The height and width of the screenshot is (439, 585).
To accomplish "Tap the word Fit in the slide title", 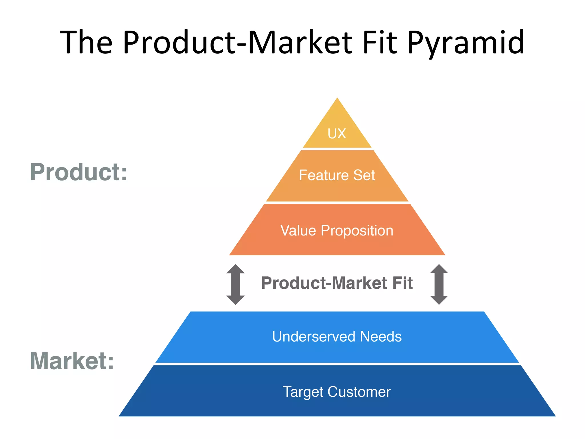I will [x=380, y=43].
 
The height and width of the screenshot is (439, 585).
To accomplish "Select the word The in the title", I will [x=86, y=43].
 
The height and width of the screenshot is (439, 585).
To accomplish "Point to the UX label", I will [x=337, y=133].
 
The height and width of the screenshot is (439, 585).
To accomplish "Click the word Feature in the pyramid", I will [x=323, y=175].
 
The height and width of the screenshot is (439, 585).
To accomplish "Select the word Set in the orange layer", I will [x=364, y=175].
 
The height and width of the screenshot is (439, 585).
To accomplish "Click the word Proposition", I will [x=357, y=230].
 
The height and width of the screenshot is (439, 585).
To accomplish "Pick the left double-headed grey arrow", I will [x=235, y=284].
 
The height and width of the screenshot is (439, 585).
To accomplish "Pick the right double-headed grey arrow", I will [x=439, y=284].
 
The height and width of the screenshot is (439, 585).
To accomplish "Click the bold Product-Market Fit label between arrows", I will [x=337, y=283].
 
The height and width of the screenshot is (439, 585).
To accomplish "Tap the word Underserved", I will [x=314, y=336].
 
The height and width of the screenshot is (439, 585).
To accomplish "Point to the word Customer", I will [x=359, y=392].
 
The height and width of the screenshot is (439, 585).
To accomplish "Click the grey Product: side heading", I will [x=79, y=172].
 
